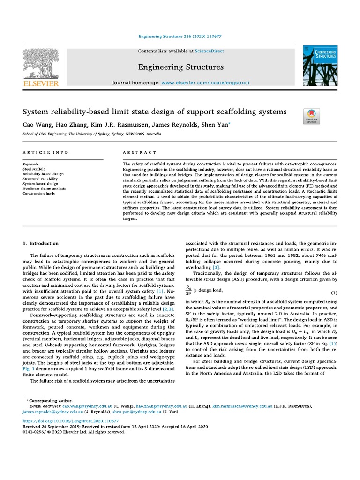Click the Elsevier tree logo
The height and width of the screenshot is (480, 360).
[41, 66]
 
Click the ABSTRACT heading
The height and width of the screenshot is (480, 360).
[139, 153]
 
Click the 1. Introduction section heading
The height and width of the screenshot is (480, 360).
[41, 243]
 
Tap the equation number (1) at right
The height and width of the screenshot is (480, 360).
[334, 293]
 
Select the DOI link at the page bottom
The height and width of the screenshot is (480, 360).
[70, 421]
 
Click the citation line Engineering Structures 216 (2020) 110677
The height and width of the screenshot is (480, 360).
[180, 36]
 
